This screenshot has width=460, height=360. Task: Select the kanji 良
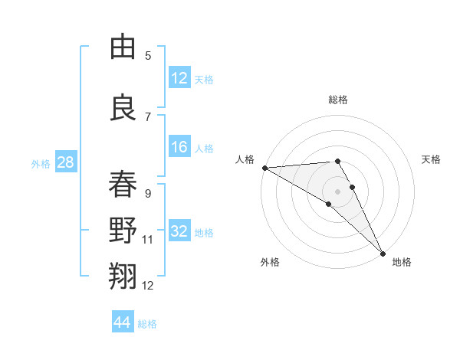coord(123,107)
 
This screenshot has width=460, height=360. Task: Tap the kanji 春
coord(123,185)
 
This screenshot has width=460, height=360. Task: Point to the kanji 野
coord(123,231)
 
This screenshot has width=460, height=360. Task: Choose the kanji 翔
coord(123,277)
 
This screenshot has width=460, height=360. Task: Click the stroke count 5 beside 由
coord(148,56)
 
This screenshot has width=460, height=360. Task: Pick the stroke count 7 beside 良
coord(148,117)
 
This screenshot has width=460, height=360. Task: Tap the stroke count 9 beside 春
coord(148,194)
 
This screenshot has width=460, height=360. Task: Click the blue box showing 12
coord(179,79)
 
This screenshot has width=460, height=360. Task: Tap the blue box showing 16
coord(179,148)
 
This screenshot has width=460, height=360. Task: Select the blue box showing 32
coord(179,232)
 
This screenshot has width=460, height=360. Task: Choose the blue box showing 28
coord(65,163)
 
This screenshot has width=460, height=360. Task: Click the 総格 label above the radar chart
coord(338,100)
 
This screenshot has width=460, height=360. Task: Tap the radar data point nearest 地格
coord(383,252)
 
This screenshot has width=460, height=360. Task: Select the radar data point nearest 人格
coord(264,168)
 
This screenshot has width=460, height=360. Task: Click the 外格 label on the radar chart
coord(270,262)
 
